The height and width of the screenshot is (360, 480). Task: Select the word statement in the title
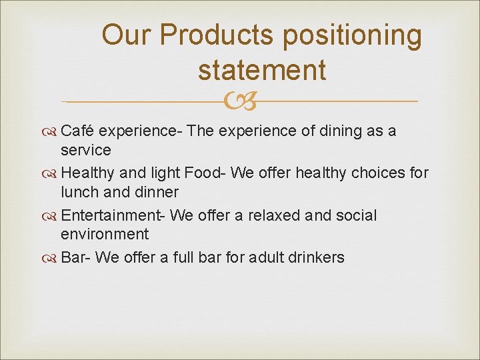[x=262, y=69]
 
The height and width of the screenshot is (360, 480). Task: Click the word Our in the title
[x=127, y=35]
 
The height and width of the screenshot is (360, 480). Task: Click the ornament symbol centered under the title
[x=240, y=101]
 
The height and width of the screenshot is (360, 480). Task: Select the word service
[x=85, y=150]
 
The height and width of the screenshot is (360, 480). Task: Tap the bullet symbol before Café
[x=53, y=131]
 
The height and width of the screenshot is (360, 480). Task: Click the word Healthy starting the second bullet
[x=87, y=173]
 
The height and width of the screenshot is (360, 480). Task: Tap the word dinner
[x=157, y=192]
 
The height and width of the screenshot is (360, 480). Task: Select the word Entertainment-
[x=113, y=215]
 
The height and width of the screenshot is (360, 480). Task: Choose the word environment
[x=105, y=234]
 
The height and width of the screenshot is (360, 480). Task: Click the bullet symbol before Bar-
[x=53, y=258]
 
